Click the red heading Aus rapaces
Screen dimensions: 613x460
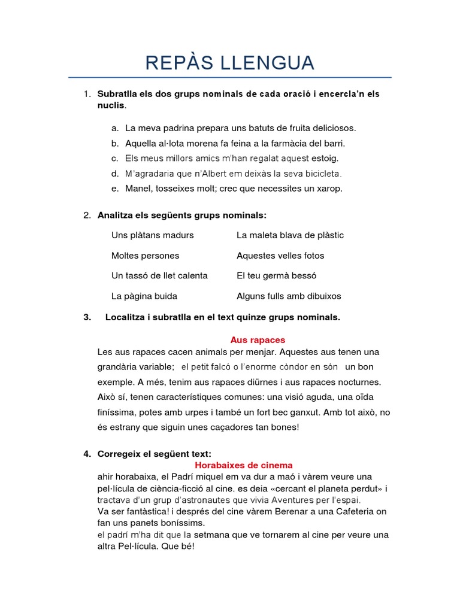pyautogui.click(x=258, y=340)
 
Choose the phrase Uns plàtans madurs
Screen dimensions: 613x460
pyautogui.click(x=152, y=235)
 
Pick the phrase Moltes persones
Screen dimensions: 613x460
pyautogui.click(x=145, y=256)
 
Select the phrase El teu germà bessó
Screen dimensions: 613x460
pyautogui.click(x=276, y=276)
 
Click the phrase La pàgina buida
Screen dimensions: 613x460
pyautogui.click(x=144, y=296)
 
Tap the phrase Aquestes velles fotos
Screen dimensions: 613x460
pyautogui.click(x=280, y=256)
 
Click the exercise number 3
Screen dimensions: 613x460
pyautogui.click(x=87, y=317)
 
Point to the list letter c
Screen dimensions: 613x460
pyautogui.click(x=114, y=159)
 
